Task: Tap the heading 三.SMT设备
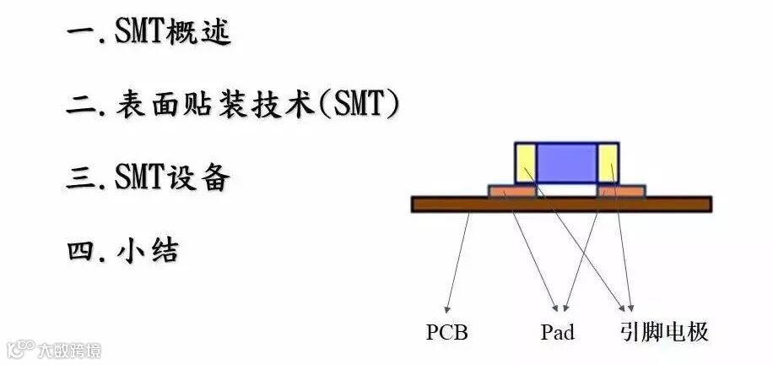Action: pyautogui.click(x=148, y=177)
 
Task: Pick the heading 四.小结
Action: pyautogui.click(x=122, y=250)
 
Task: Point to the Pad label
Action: pyautogui.click(x=557, y=332)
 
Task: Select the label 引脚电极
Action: pyautogui.click(x=663, y=332)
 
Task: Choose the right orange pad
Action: pyautogui.click(x=621, y=192)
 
